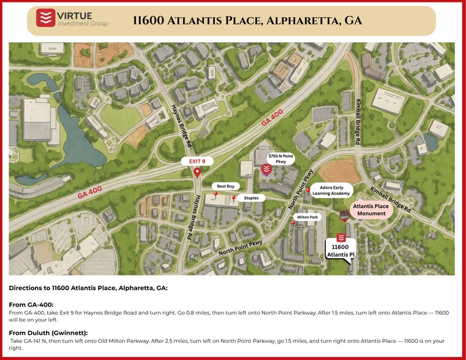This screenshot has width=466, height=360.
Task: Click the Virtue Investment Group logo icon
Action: pyautogui.click(x=43, y=19)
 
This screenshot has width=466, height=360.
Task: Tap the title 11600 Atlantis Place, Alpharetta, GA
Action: pyautogui.click(x=247, y=20)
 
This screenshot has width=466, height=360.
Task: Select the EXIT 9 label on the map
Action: pyautogui.click(x=197, y=161)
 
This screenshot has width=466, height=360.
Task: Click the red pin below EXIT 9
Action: pyautogui.click(x=197, y=173)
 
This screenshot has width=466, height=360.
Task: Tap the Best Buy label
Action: pyautogui.click(x=226, y=186)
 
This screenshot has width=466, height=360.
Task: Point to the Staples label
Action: pyautogui.click(x=251, y=198)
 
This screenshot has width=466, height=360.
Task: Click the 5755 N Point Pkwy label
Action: pyautogui.click(x=281, y=159)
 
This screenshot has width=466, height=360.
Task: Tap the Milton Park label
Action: pyautogui.click(x=307, y=217)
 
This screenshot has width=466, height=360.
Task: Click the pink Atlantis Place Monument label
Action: pyautogui.click(x=370, y=210)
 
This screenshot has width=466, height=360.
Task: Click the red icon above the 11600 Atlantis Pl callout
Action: pyautogui.click(x=342, y=238)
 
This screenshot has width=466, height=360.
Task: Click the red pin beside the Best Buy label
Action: pyautogui.click(x=216, y=195)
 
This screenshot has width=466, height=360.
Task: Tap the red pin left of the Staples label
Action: pyautogui.click(x=233, y=198)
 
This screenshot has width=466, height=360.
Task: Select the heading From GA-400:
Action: pyautogui.click(x=31, y=304)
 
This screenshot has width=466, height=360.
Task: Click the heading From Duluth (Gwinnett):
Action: pyautogui.click(x=48, y=332)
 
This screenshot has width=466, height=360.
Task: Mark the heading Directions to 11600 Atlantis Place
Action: pyautogui.click(x=88, y=287)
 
